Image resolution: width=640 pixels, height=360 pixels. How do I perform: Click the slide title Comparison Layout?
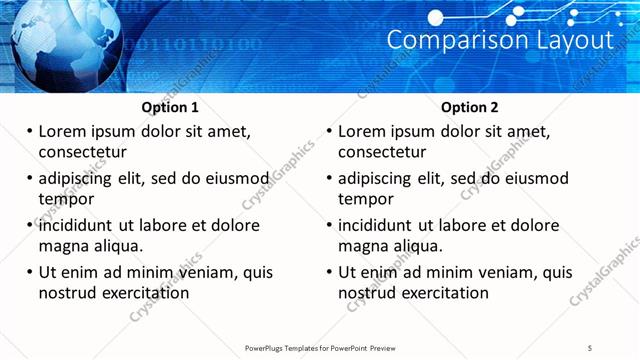499,41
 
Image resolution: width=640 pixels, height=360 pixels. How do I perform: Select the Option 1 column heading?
171,107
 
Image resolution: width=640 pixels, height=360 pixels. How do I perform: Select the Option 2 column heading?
470,107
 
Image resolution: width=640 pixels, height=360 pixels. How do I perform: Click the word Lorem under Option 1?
65,131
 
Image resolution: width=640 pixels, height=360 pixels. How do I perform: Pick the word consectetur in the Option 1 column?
82,152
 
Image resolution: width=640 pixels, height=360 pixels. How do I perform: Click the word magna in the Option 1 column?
63,246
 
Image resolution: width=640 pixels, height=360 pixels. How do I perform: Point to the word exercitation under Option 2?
443,293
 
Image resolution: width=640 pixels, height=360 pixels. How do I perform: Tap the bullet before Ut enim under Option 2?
328,272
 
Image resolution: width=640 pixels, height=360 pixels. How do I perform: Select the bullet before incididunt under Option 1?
29,225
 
